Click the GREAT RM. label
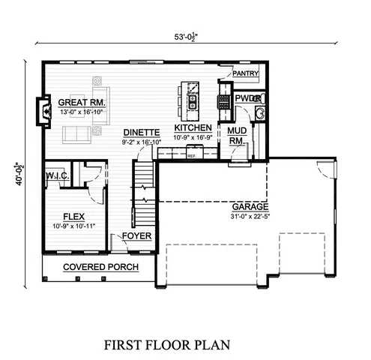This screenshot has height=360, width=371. click(x=82, y=102)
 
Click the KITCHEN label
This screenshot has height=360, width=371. click(x=193, y=128)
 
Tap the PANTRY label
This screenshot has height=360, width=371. click(x=245, y=73)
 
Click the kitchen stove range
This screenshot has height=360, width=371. click(x=223, y=97)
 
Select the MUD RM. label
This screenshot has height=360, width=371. click(x=236, y=135)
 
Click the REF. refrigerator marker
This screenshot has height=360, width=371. click(x=192, y=155)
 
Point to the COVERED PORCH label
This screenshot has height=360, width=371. click(x=94, y=267)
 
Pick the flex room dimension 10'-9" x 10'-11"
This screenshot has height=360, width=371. click(x=73, y=225)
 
